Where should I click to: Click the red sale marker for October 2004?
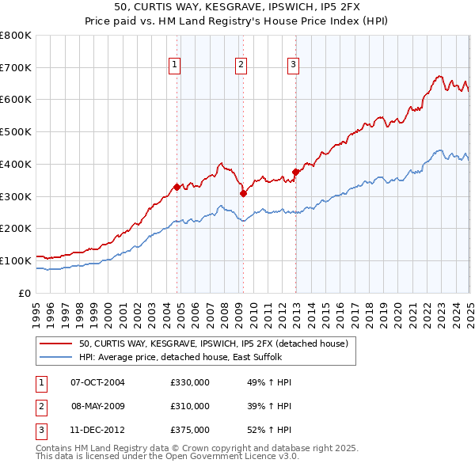(x=177, y=187)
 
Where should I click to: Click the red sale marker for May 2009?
(x=243, y=193)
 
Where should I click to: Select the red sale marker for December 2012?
(x=295, y=172)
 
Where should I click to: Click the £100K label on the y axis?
(x=16, y=260)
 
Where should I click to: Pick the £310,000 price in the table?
(x=190, y=406)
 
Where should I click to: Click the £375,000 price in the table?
(x=190, y=430)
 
